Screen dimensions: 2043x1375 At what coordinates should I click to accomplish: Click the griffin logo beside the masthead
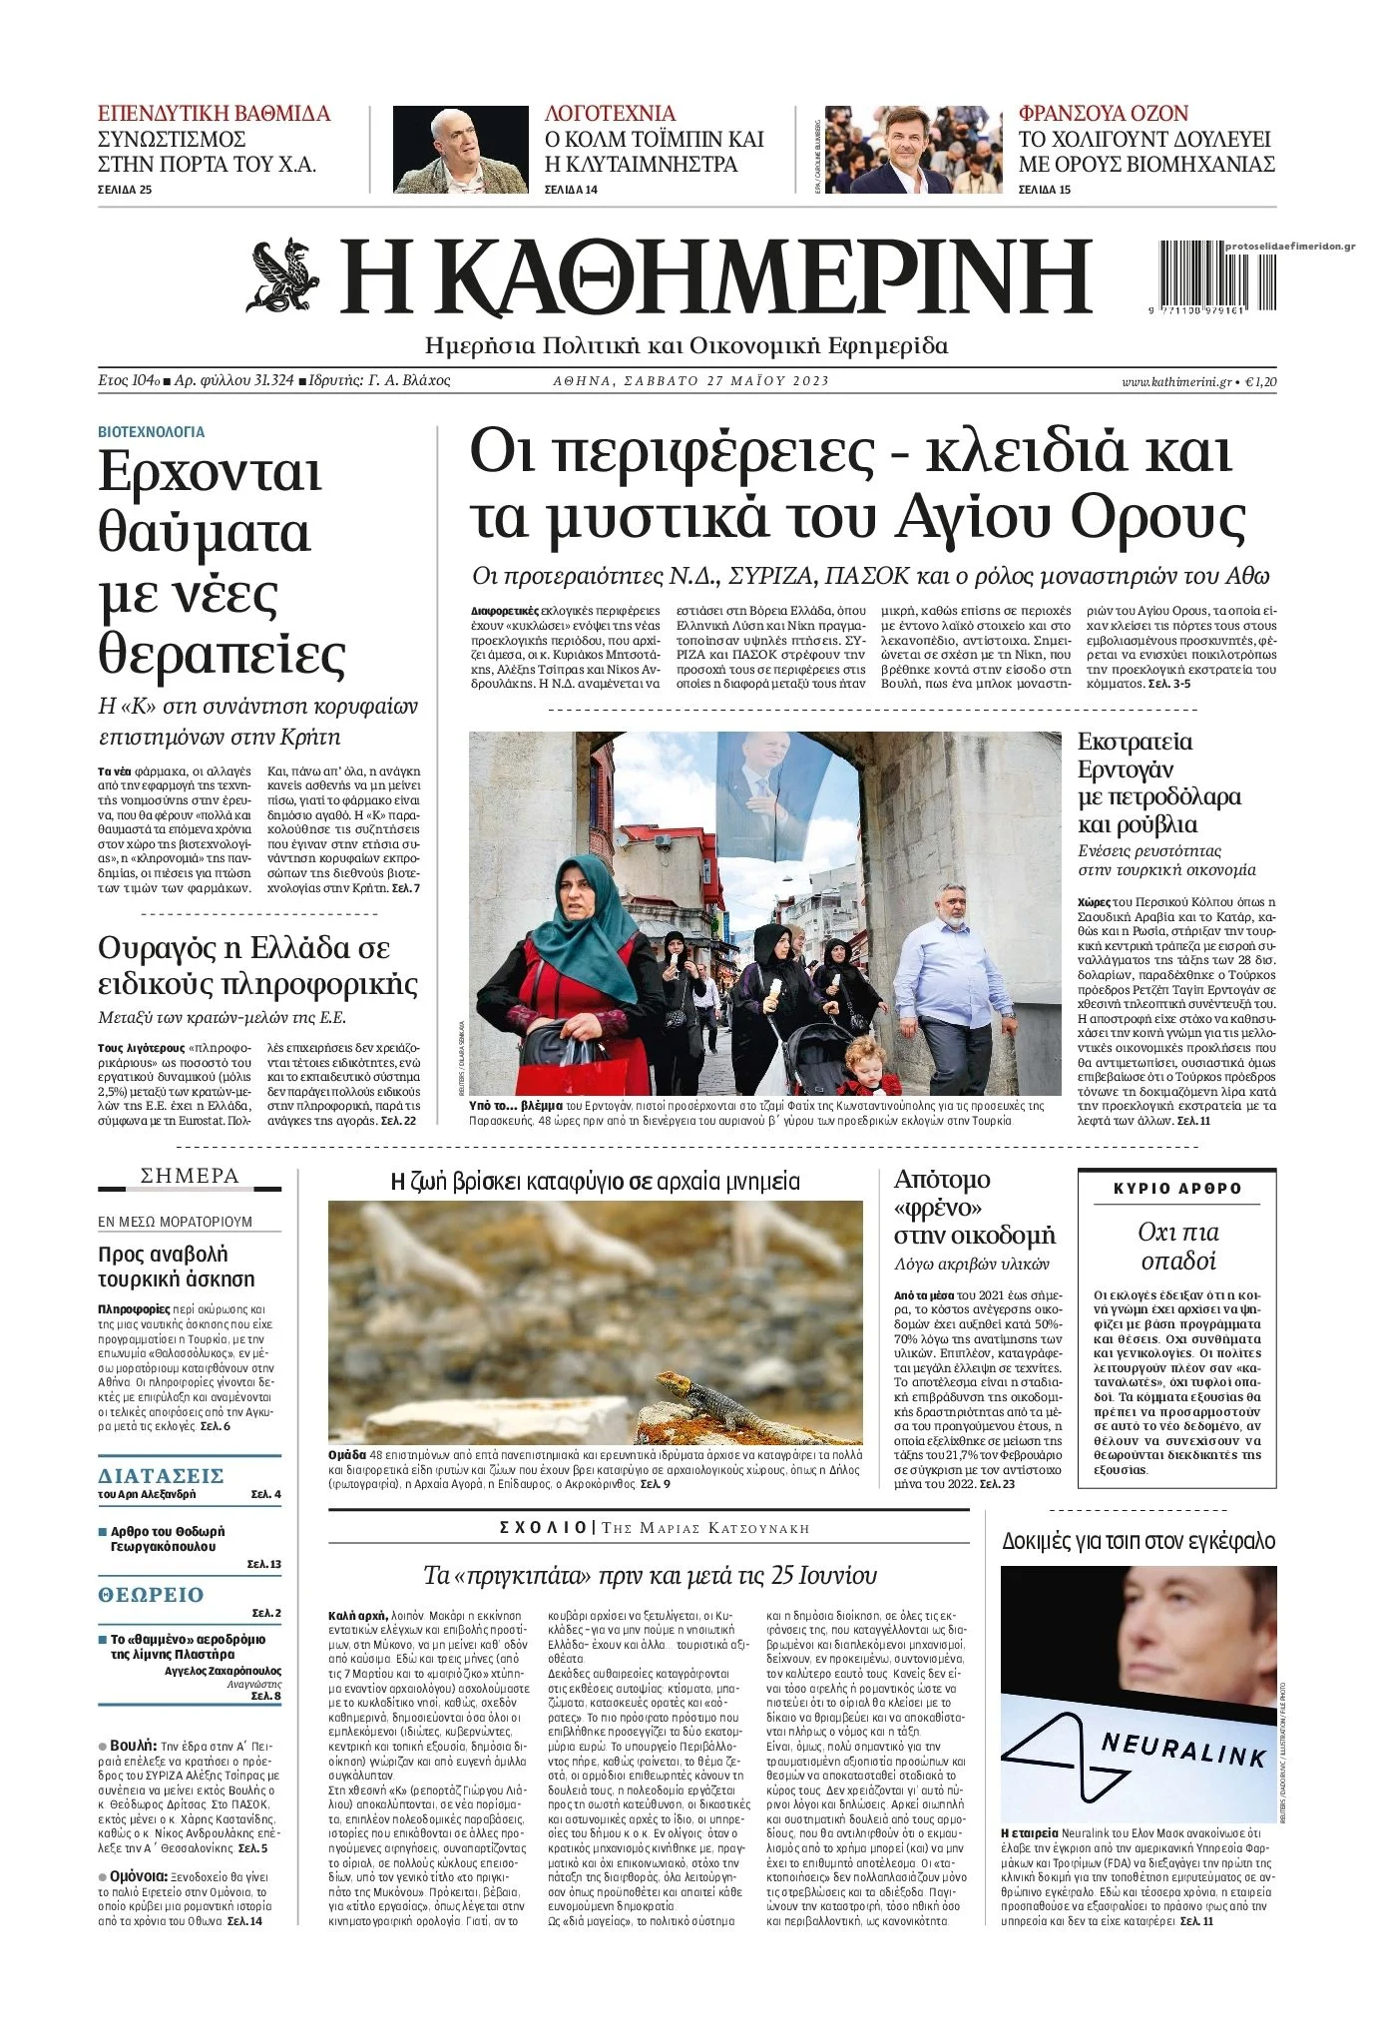(x=283, y=275)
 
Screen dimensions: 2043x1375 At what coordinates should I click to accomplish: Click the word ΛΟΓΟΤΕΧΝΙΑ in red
(x=610, y=114)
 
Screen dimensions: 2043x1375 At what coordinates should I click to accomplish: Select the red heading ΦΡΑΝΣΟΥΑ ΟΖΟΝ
(x=1103, y=114)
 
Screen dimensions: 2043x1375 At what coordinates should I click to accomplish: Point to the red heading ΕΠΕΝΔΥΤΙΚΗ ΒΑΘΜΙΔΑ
(x=214, y=114)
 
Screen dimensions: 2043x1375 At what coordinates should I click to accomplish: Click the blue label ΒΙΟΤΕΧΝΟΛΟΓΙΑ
(x=151, y=432)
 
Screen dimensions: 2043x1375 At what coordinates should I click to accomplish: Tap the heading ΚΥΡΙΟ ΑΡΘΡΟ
(x=1177, y=1189)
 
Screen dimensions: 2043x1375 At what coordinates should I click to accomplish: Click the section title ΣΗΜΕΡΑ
(x=190, y=1177)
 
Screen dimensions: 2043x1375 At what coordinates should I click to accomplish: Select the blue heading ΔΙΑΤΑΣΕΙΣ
(x=161, y=1476)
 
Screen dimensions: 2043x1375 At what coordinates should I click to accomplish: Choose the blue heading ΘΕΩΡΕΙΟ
(x=151, y=1595)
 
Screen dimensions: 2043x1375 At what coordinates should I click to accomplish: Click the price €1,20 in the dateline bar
(x=1260, y=381)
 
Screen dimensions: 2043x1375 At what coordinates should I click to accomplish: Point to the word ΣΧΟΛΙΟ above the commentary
(x=543, y=1528)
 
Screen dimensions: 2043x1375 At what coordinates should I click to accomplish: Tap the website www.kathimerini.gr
(x=1175, y=381)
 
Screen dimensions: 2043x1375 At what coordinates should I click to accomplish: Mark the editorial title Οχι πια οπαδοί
(x=1177, y=1246)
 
